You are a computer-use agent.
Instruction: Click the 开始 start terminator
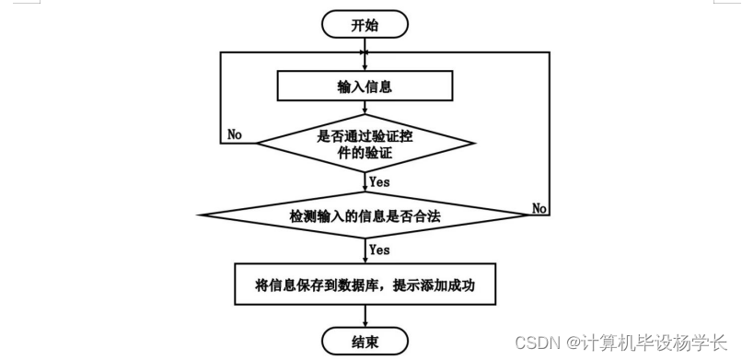365,25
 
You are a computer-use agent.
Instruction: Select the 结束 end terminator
365,342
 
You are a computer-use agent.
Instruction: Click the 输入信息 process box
365,87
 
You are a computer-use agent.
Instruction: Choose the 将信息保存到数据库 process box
365,285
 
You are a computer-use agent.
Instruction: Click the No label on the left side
235,134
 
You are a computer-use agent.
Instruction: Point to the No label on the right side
540,209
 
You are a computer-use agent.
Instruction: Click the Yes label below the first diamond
379,182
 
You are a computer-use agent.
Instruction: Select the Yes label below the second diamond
379,250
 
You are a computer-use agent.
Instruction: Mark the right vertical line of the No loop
551,129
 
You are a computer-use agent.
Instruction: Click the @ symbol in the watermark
573,343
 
